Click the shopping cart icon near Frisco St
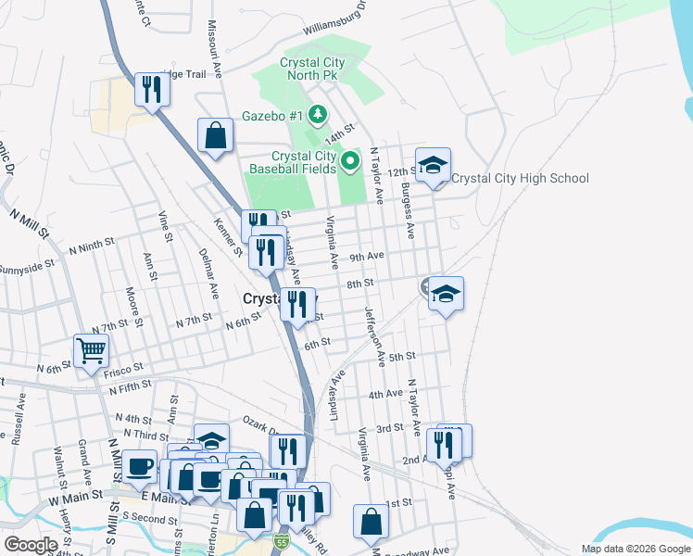pos(92,352)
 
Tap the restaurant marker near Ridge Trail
pos(148,91)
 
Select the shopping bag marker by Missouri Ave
pos(215,137)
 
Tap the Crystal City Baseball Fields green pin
pos(350,163)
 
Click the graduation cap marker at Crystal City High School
pos(433,167)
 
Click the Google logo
pos(31,545)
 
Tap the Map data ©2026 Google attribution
pos(634,549)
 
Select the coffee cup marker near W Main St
pos(141,466)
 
